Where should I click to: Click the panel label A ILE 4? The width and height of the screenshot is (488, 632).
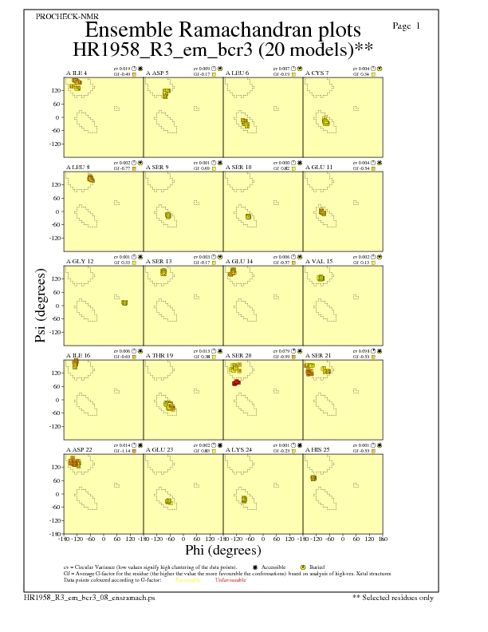77,73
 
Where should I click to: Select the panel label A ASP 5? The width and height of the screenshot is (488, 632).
157,73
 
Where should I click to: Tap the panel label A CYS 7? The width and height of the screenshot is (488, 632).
317,73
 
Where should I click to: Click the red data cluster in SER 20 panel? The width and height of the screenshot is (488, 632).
236,383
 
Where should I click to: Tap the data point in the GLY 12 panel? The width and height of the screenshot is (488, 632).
124,302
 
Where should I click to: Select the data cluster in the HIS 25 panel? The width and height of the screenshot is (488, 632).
313,478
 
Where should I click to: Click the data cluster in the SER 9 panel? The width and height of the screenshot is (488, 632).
168,215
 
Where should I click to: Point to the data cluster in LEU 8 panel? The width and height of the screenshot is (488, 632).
90,178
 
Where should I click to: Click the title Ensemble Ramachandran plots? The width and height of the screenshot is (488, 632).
223,30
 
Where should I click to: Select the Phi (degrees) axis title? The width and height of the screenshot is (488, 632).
222,550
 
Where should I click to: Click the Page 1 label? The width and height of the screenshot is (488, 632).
407,26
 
